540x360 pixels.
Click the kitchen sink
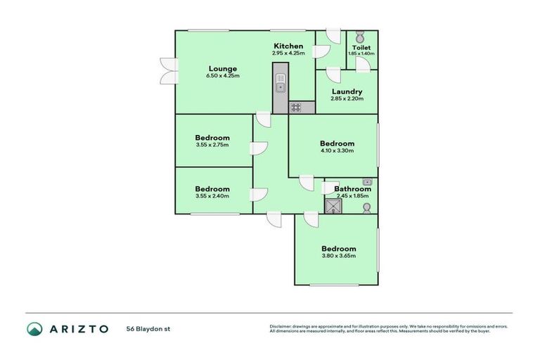(x=280, y=86)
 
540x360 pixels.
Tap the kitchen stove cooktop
(x=296, y=108)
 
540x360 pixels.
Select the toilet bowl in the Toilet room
(x=360, y=37)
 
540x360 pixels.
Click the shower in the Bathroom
(x=332, y=205)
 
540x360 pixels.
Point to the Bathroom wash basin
(x=366, y=182)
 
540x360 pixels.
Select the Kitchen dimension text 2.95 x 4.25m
(x=288, y=53)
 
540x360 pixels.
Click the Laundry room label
(x=346, y=91)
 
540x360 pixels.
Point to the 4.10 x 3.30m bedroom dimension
(x=336, y=150)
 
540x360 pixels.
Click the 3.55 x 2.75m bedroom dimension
(x=212, y=146)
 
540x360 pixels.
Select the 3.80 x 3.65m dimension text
(x=339, y=256)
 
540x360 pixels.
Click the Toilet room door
(x=363, y=65)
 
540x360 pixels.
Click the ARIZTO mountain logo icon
(x=34, y=328)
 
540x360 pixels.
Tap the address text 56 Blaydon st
(x=148, y=328)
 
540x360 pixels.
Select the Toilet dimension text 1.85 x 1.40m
(x=361, y=53)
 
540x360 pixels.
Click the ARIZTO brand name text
(x=78, y=328)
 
